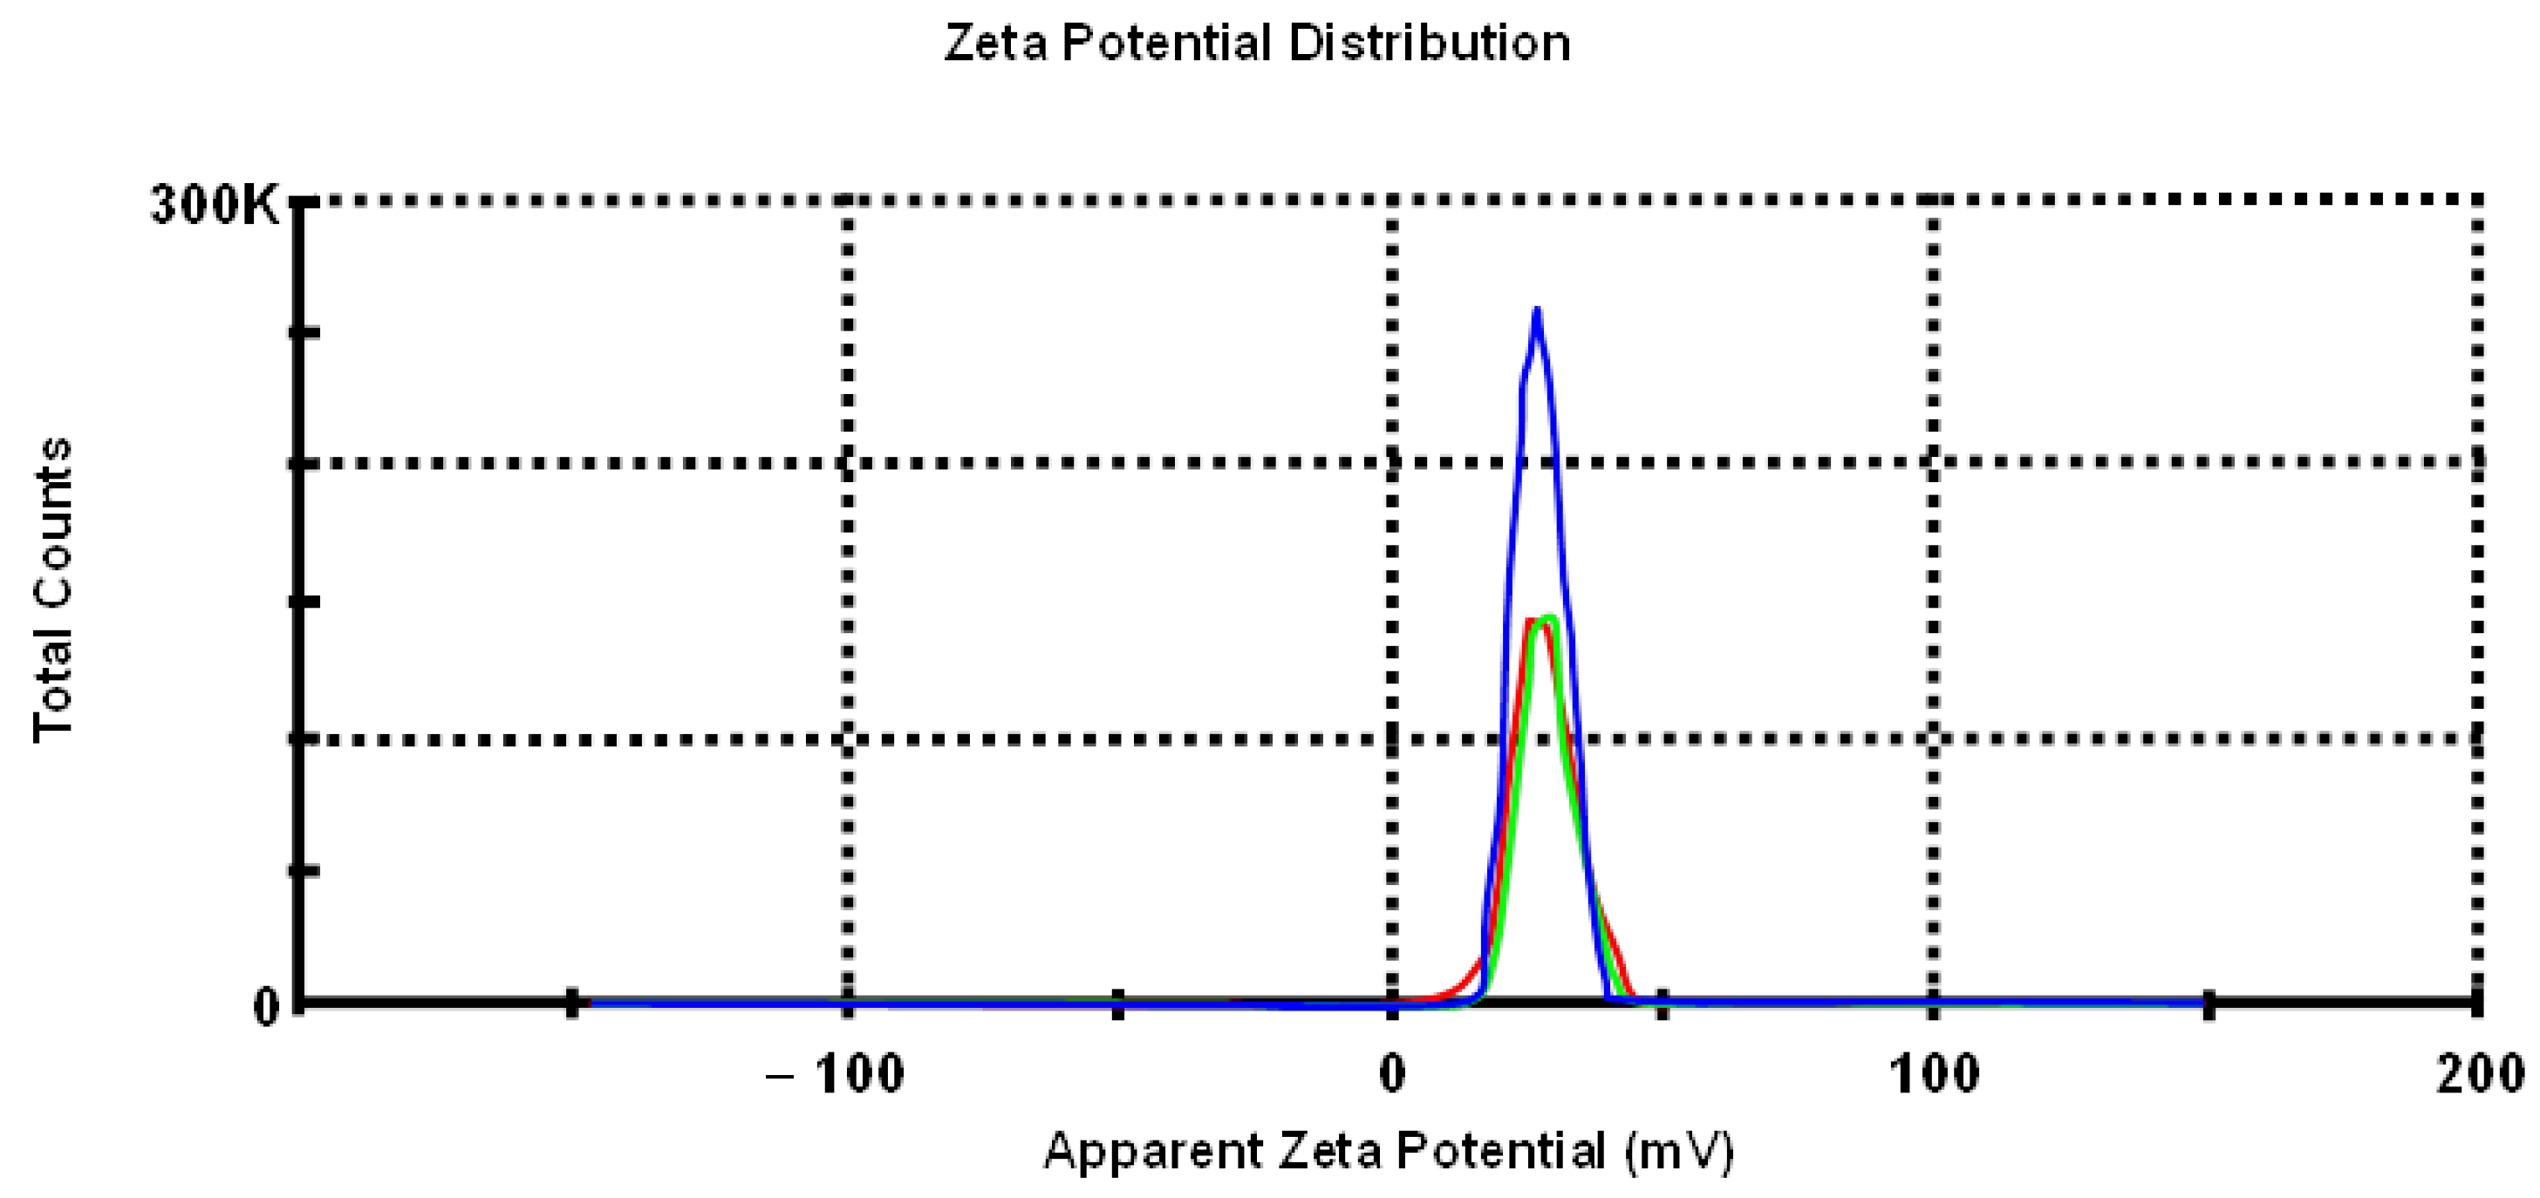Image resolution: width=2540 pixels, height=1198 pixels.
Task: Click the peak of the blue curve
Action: [1536, 311]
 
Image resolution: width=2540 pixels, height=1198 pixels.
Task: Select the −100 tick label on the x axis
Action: [836, 1074]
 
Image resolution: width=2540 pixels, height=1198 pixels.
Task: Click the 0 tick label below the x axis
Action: [1392, 1074]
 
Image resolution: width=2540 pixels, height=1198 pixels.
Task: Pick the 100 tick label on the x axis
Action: [1934, 1074]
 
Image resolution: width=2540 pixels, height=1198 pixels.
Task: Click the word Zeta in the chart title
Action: [996, 44]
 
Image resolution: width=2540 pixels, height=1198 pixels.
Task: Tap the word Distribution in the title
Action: [1430, 44]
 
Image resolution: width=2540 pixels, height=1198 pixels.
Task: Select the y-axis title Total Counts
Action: [53, 589]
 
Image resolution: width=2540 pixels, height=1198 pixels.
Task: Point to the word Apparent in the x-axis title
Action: [1154, 1151]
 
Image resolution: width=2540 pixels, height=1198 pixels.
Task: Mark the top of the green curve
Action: [1550, 618]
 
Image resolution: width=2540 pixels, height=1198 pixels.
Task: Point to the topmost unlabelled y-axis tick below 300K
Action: [304, 332]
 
